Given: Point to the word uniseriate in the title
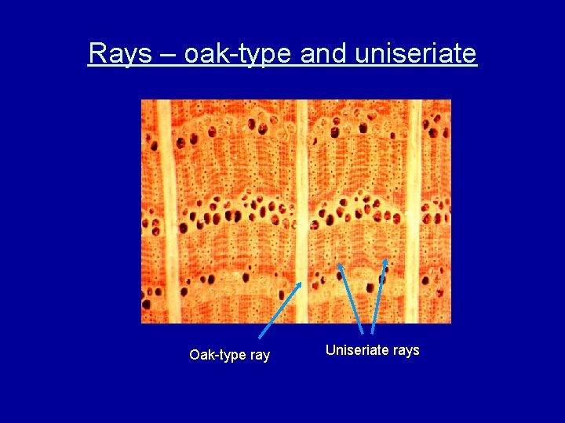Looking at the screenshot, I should click(416, 53).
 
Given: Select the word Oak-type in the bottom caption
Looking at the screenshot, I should click(217, 355).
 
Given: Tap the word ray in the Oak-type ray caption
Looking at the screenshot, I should click(259, 356).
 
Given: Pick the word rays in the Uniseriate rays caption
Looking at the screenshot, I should click(406, 351).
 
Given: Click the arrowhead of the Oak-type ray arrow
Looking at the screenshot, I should click(300, 285).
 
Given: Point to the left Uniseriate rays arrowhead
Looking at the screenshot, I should click(340, 266).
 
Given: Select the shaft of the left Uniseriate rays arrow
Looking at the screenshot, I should click(351, 297).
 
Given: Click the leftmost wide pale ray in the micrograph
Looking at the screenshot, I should click(165, 211).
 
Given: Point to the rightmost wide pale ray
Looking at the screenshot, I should click(414, 211).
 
